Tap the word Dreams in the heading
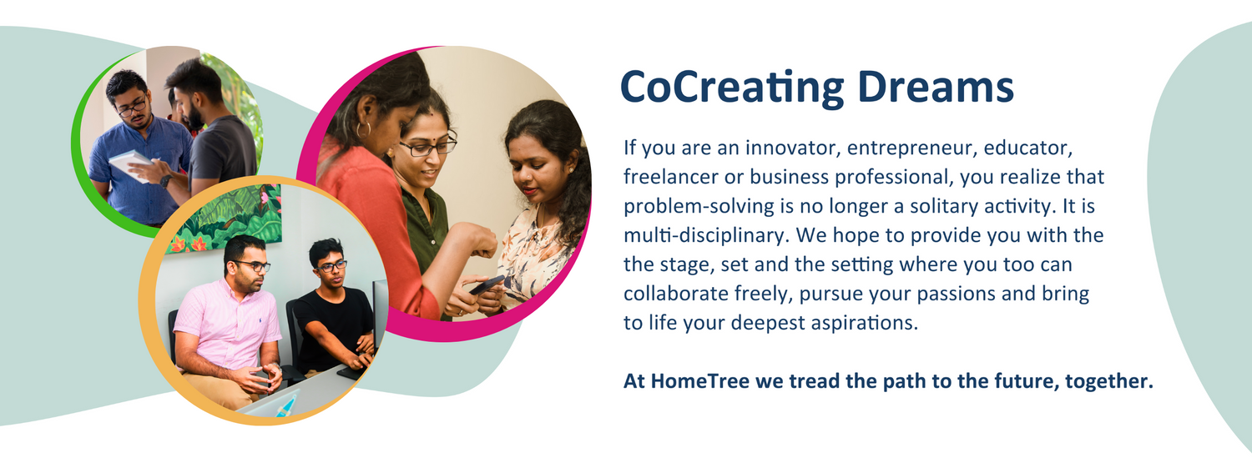(x=936, y=87)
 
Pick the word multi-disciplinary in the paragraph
(x=706, y=236)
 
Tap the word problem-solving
(x=699, y=207)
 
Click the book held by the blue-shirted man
(x=130, y=164)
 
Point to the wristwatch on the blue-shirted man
(x=165, y=181)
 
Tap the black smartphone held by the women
(x=487, y=284)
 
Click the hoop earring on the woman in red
(x=363, y=129)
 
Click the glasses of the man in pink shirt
(x=253, y=265)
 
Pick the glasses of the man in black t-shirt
(x=332, y=266)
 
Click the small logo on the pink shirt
(x=261, y=321)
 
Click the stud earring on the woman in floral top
(x=570, y=167)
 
